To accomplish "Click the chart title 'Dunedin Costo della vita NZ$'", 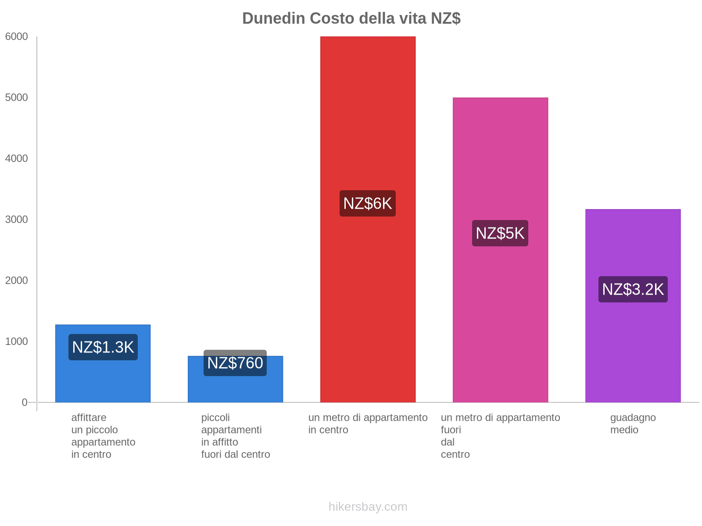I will (x=351, y=18).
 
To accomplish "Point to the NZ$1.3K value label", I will (x=103, y=347).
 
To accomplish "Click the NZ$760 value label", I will (x=235, y=363).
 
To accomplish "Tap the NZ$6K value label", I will (x=368, y=203).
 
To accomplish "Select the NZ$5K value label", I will (x=500, y=233).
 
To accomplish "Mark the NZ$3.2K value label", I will (x=633, y=289).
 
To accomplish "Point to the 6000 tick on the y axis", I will (x=16, y=37).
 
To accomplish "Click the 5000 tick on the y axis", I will (x=16, y=98).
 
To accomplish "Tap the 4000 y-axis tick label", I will (x=16, y=159).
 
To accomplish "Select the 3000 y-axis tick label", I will (x=16, y=220).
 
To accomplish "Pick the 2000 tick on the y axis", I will (x=16, y=281).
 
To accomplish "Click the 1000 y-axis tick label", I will (x=16, y=341).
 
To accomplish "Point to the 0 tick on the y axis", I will (x=25, y=402).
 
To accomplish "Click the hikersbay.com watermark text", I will (x=368, y=507).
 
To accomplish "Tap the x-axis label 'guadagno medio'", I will (x=633, y=423).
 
